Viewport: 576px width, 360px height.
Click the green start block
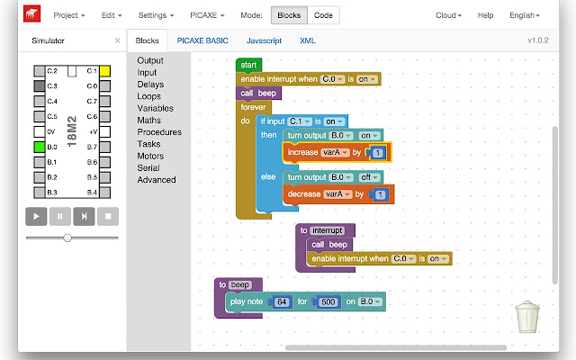[248, 65]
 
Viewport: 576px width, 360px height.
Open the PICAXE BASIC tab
[202, 40]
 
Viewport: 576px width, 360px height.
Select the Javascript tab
[264, 40]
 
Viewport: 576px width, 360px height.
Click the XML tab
[308, 40]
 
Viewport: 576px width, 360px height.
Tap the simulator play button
[36, 216]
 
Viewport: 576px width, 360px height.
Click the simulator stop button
[108, 216]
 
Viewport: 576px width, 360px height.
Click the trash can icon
[527, 317]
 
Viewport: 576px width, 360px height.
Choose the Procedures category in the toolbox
[159, 132]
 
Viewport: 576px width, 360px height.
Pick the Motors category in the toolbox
[150, 156]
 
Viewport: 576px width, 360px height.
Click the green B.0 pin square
[40, 147]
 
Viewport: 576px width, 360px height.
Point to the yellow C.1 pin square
[104, 71]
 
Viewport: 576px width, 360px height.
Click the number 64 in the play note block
[282, 302]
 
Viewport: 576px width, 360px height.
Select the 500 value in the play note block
[328, 302]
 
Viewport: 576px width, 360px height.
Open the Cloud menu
[448, 15]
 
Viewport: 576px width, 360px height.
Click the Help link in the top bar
[485, 15]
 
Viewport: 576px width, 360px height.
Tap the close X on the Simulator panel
[117, 40]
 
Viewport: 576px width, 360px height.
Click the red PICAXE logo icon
[32, 14]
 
